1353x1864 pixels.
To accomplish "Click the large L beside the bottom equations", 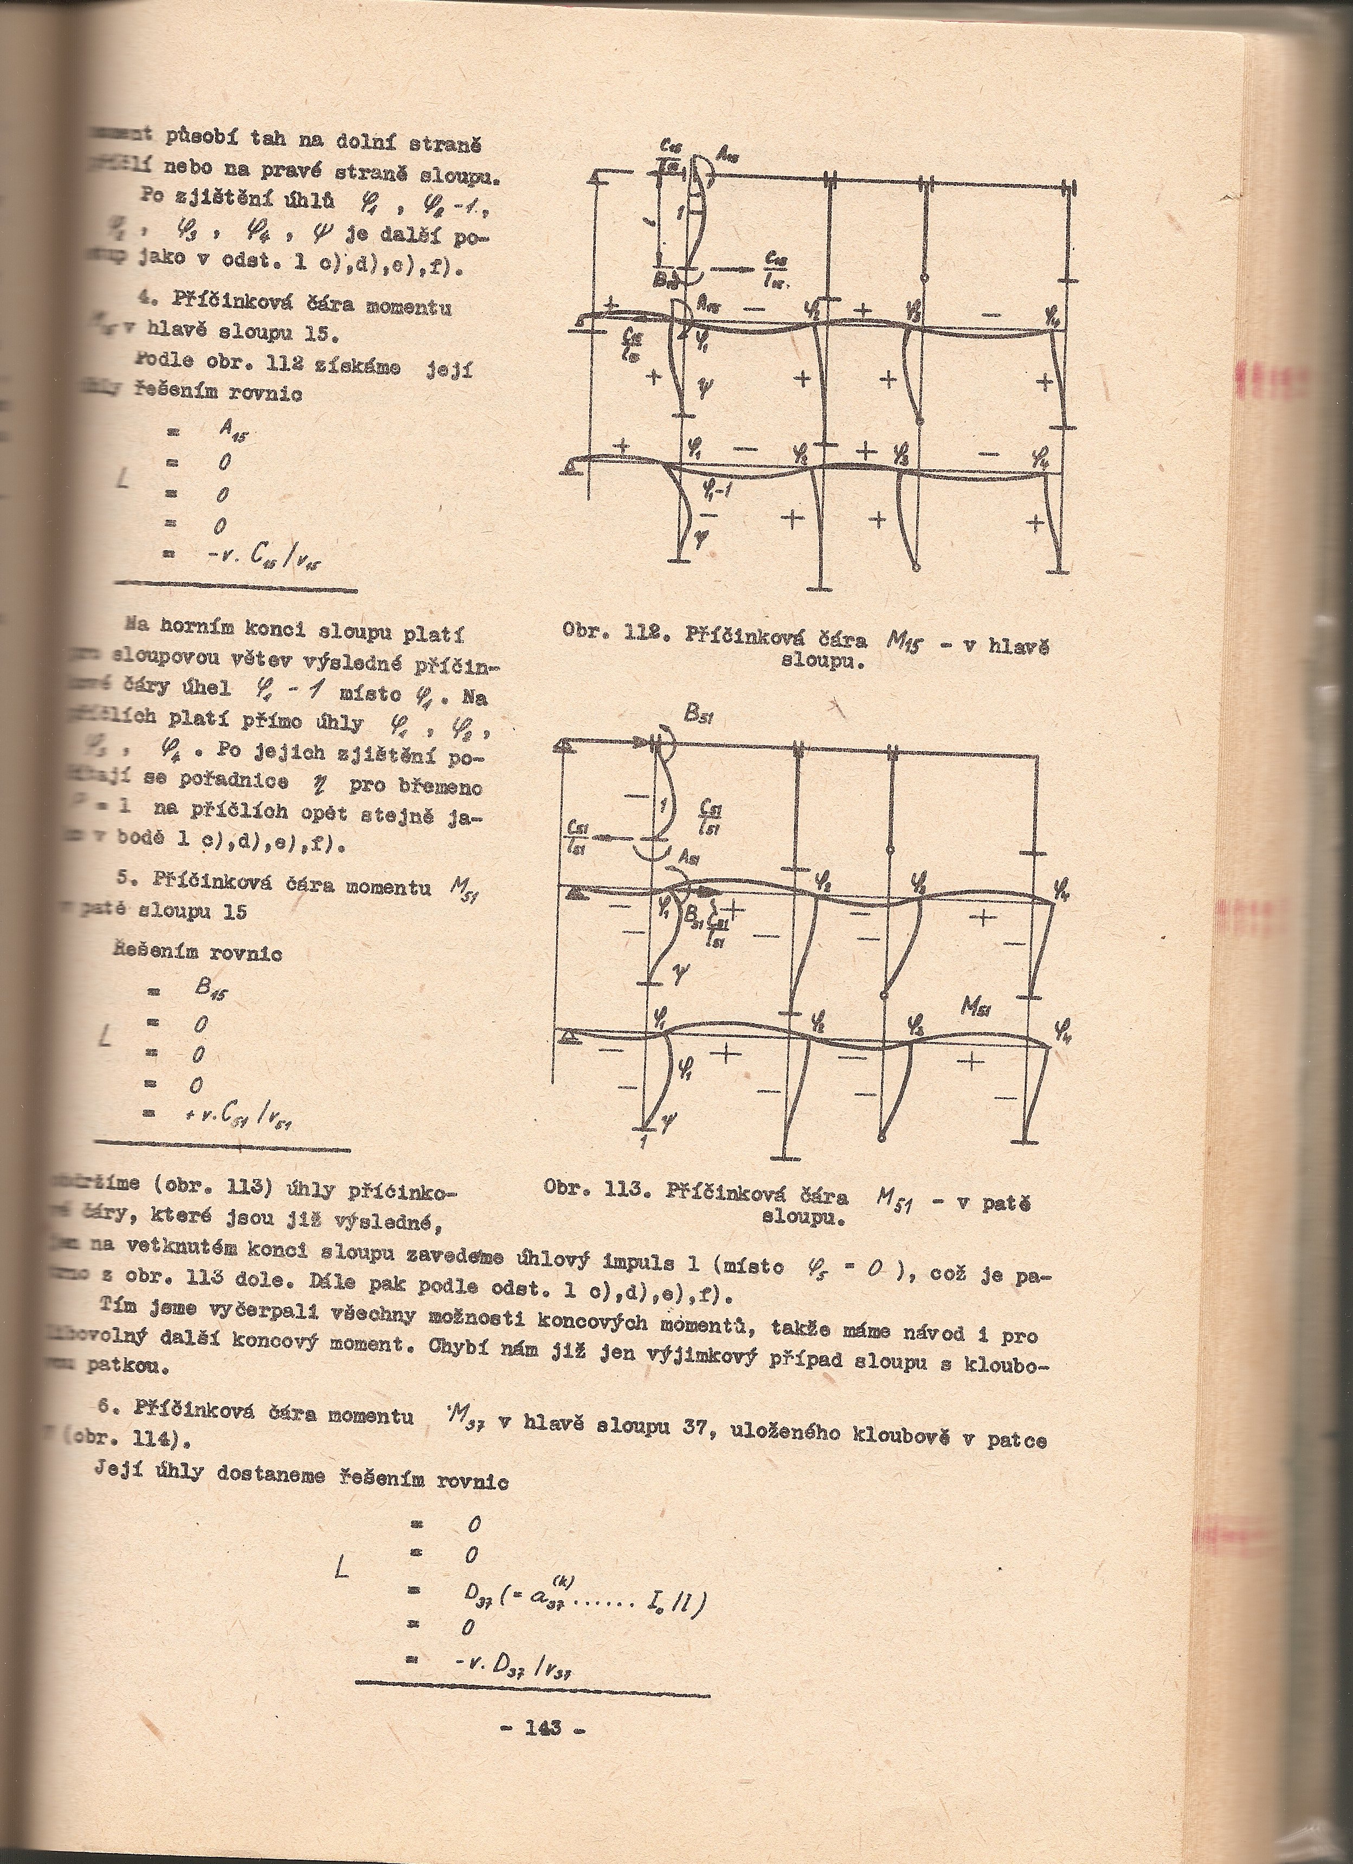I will click(x=340, y=1568).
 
